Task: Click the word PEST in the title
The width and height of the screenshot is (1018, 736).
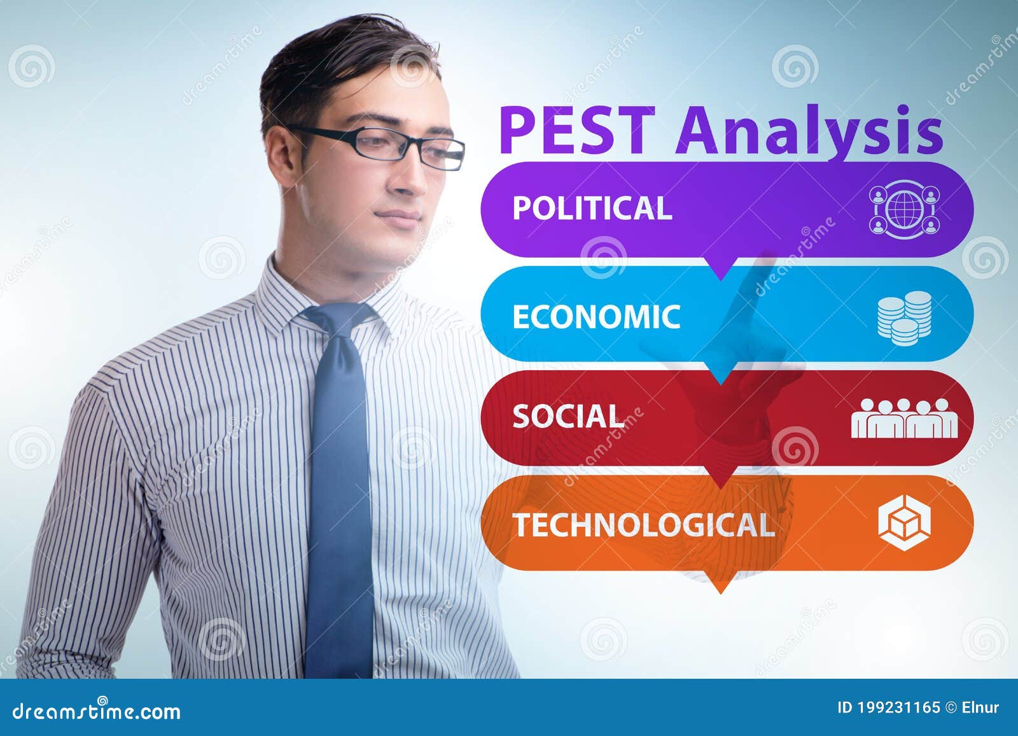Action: point(576,130)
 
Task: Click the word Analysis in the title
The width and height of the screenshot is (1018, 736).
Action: point(809,130)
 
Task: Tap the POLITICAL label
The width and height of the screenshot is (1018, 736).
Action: point(592,208)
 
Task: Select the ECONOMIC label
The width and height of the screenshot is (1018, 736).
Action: point(596,317)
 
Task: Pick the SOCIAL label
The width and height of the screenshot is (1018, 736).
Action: point(568,417)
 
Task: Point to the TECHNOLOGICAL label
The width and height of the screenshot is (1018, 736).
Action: point(643,525)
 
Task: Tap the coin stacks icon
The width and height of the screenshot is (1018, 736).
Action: point(904,317)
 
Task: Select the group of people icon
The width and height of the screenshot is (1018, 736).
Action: point(904,419)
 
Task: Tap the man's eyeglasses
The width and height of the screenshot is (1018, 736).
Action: point(382,145)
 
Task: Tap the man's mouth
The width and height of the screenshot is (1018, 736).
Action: point(400,216)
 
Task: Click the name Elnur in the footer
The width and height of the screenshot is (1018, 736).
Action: point(980,707)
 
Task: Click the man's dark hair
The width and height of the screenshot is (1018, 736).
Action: point(331,64)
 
